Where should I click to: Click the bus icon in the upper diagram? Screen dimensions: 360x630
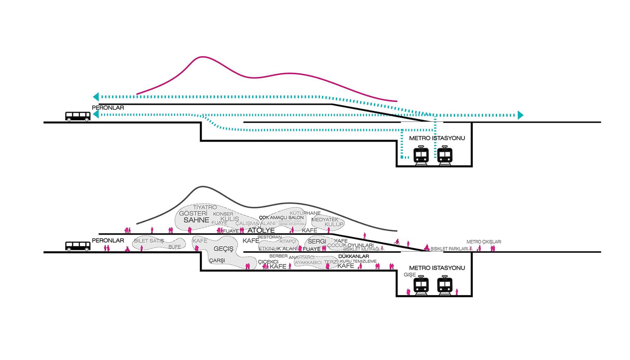[78, 116]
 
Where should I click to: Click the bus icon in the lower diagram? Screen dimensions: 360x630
[78, 246]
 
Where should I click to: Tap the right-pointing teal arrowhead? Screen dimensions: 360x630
[520, 115]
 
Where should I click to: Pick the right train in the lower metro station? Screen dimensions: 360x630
[445, 285]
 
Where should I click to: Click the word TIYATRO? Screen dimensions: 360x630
[205, 208]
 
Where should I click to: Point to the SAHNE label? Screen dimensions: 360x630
[196, 220]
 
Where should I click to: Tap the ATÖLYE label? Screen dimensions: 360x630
[261, 230]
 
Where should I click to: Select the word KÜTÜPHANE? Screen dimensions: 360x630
[305, 213]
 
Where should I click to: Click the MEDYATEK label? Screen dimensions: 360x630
[325, 220]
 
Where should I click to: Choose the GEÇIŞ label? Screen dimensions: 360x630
[224, 249]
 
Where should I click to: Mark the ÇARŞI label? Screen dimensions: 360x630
[217, 260]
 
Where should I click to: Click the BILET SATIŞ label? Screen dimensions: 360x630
[149, 241]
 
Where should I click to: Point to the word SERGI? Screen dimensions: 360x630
[317, 241]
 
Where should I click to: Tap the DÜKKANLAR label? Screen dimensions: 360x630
[353, 256]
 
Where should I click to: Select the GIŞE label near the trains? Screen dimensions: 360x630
[409, 275]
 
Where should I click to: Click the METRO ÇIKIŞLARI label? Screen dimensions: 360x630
[484, 242]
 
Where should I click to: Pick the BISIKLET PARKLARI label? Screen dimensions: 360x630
[449, 249]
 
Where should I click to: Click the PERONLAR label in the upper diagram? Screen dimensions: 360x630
[108, 108]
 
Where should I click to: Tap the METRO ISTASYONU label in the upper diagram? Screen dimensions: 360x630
[437, 138]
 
